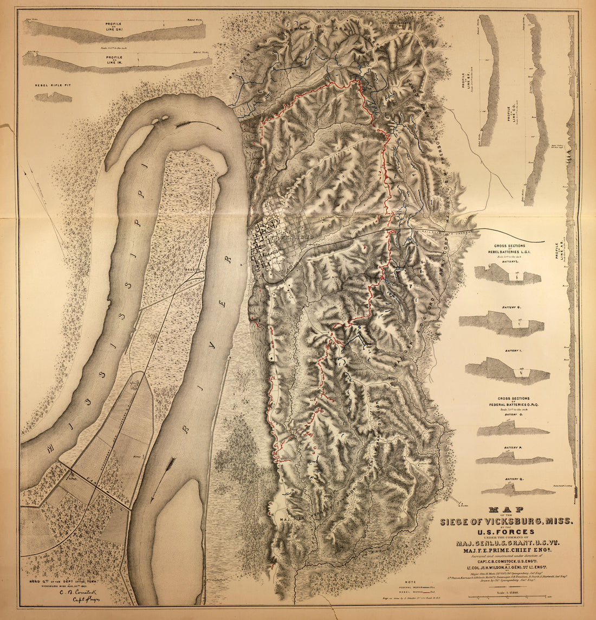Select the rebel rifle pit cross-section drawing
pos(53,98)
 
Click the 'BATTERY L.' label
pos(510,262)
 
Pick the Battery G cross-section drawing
pos(502,324)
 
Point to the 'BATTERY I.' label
pos(511,351)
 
